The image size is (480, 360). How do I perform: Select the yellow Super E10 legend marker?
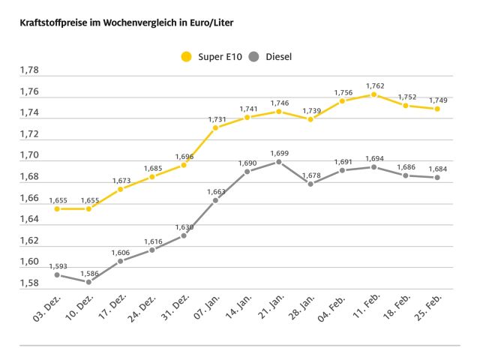tap(186, 56)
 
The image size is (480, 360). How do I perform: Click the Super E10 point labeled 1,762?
tap(373, 94)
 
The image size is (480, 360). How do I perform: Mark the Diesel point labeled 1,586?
tap(88, 282)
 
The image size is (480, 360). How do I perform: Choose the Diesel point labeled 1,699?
tap(278, 161)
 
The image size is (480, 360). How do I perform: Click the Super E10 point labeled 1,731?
tap(215, 127)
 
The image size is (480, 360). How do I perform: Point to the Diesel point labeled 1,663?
tap(215, 200)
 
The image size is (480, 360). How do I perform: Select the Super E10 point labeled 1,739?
tap(310, 119)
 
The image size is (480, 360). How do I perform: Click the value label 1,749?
tap(439, 100)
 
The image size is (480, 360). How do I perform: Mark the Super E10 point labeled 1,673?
tap(120, 189)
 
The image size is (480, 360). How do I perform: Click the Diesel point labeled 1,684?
tap(436, 178)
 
